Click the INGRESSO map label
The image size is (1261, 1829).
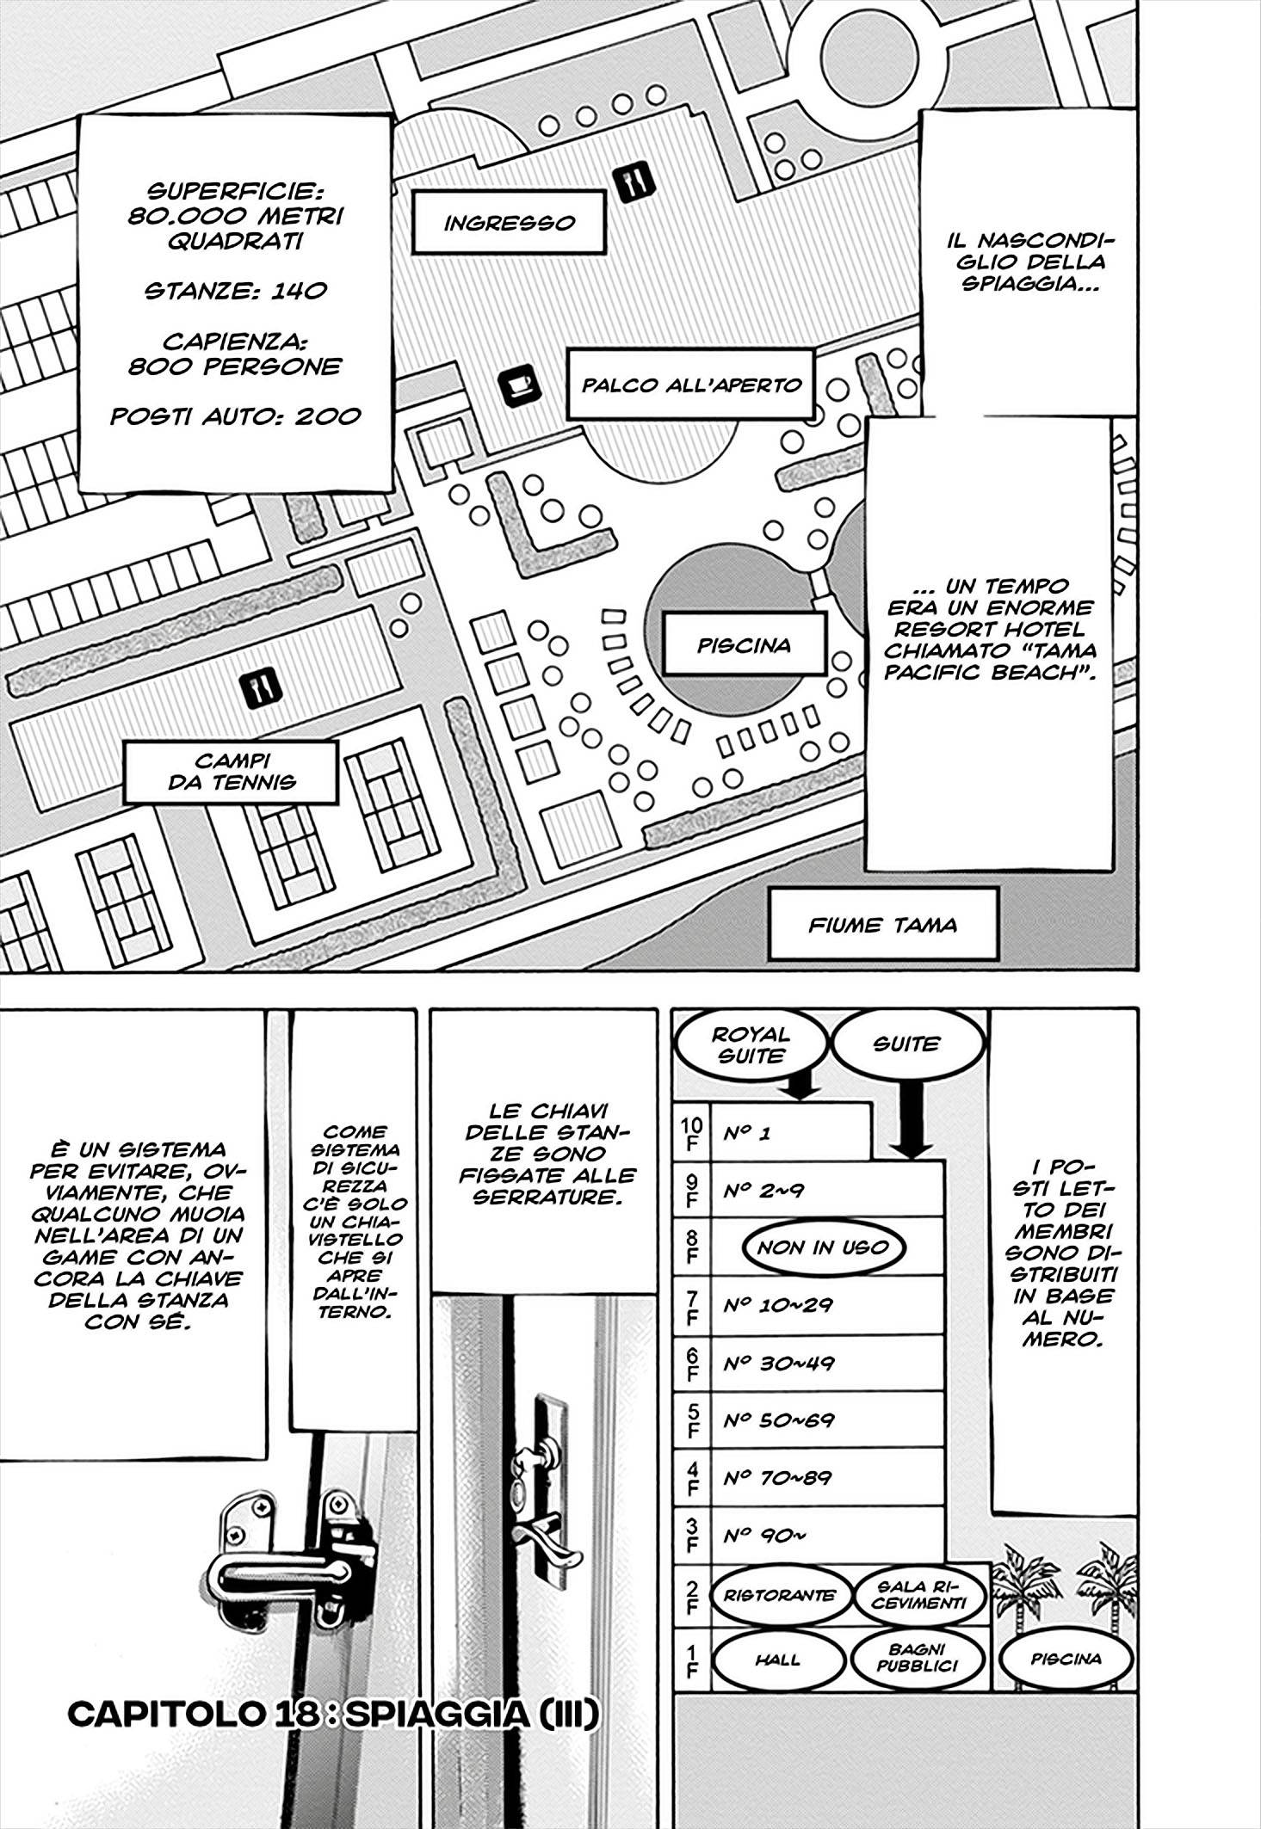(x=509, y=223)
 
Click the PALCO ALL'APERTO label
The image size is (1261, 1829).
(x=691, y=385)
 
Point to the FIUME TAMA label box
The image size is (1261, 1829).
(x=882, y=925)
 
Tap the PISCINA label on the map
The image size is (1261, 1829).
(x=744, y=645)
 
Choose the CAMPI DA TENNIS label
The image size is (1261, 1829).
(x=232, y=772)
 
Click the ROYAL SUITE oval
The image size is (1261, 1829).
(x=751, y=1045)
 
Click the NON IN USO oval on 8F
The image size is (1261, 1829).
(x=823, y=1247)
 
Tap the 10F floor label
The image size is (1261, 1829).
(x=690, y=1134)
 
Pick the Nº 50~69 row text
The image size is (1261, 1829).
(x=778, y=1419)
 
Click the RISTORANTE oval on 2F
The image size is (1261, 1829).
(x=778, y=1594)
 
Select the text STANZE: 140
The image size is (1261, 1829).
(x=235, y=290)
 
